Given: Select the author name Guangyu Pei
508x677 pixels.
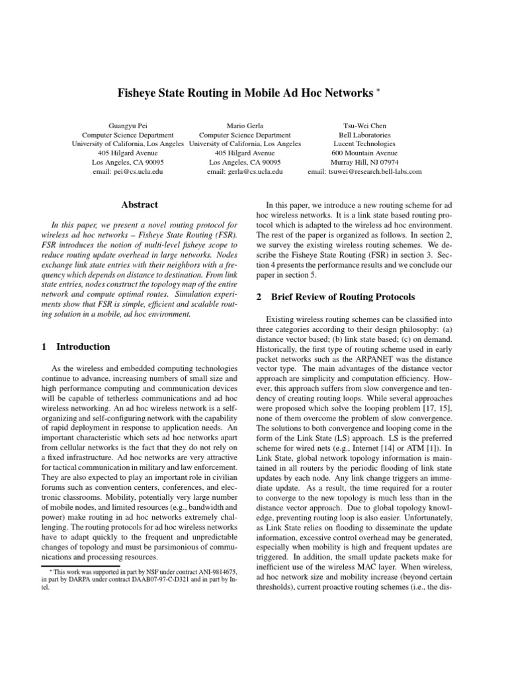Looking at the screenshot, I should click(128, 125).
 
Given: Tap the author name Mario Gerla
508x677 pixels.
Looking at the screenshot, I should click(245, 125).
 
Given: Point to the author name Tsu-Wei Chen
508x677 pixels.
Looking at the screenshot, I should click(364, 125).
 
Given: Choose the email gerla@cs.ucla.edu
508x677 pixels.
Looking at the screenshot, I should click(245, 171).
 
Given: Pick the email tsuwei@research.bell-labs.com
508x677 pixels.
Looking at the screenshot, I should click(364, 171).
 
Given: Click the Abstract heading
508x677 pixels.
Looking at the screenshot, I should click(140, 206).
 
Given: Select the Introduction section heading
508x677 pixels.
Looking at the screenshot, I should click(83, 346).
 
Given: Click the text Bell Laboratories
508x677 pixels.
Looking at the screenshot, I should click(364, 134).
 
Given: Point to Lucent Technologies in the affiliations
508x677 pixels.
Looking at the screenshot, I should click(364, 143).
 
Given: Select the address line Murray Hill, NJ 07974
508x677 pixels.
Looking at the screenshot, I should click(364, 162).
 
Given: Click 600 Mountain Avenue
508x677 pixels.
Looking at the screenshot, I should click(364, 153).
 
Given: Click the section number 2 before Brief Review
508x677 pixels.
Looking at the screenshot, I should click(259, 298).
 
